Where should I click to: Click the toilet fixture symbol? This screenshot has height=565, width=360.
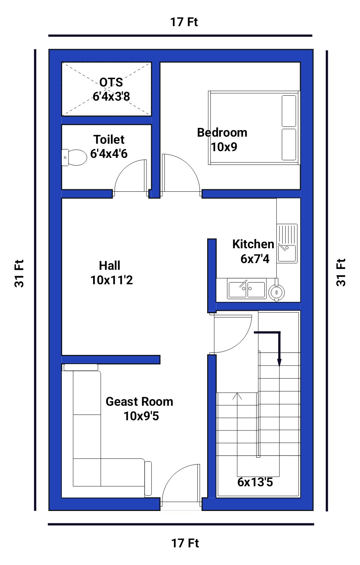[x=74, y=157]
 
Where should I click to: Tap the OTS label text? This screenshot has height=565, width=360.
[x=111, y=82]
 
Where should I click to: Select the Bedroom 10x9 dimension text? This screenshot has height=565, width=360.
[x=224, y=147]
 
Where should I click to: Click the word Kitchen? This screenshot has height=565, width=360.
[x=253, y=244]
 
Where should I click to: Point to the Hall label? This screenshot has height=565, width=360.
[x=109, y=266]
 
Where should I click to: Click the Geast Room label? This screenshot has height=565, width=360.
[x=139, y=402]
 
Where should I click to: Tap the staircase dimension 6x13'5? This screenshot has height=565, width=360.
[x=255, y=482]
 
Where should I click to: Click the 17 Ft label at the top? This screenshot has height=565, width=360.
[x=184, y=22]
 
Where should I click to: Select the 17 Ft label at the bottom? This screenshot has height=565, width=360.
[x=185, y=543]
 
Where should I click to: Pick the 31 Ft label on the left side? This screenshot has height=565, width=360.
[x=19, y=273]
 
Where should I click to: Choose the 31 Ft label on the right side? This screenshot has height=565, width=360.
[x=341, y=272]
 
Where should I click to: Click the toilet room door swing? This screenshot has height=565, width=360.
[x=124, y=167]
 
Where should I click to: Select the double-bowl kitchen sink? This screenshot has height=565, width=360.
[x=247, y=289]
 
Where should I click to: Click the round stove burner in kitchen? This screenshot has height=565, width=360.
[x=277, y=292]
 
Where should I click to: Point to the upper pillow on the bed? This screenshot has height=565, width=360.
[x=289, y=111]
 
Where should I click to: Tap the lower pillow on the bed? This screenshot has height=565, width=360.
[x=289, y=144]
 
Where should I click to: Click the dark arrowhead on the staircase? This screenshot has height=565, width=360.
[x=279, y=362]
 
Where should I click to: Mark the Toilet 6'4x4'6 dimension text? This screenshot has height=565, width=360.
[x=109, y=154]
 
